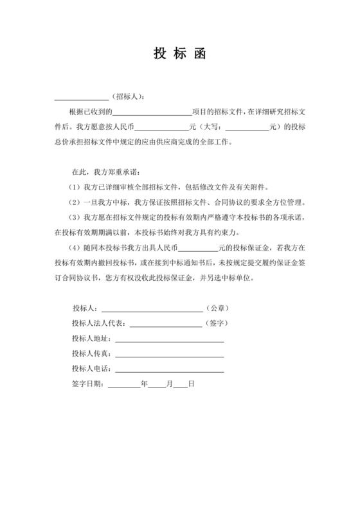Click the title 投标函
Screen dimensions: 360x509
[179, 53]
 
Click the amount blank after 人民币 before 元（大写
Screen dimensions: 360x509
[161, 127]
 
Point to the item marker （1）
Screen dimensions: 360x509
[75, 186]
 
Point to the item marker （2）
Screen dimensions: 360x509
[75, 201]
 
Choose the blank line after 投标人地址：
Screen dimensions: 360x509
[169, 339]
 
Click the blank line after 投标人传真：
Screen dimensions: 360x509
[169, 354]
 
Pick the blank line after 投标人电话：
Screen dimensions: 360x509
[169, 370]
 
